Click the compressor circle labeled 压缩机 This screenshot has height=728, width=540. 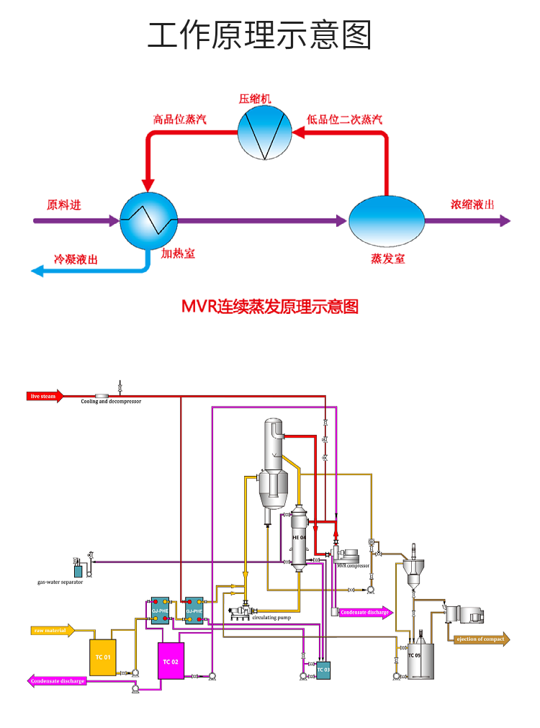point(265,132)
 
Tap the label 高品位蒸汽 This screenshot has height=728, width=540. point(179,120)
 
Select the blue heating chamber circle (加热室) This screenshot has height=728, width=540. point(148,220)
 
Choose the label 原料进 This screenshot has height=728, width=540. point(64,205)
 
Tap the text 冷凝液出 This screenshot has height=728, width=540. point(76,259)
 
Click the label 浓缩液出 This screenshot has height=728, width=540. point(472,205)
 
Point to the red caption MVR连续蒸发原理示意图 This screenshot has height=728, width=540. point(270,307)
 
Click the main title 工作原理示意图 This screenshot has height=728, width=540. point(260,35)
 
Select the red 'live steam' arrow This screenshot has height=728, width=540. point(45,395)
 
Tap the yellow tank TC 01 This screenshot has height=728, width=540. point(102,657)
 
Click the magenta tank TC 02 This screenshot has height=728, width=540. point(171,661)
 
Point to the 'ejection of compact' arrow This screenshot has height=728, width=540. point(481,639)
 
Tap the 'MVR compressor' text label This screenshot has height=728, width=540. point(353,566)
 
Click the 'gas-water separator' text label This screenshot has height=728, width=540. point(60,582)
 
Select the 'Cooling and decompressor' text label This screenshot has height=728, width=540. point(111,402)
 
